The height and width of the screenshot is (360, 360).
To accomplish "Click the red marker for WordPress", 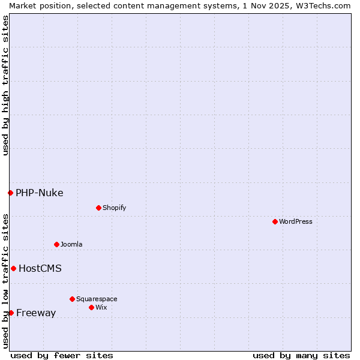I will click(x=275, y=221).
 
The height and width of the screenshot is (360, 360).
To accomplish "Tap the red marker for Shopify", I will click(x=98, y=208).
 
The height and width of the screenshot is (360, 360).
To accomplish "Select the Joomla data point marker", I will click(x=56, y=244).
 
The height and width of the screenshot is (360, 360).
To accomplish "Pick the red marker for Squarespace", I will click(x=72, y=299).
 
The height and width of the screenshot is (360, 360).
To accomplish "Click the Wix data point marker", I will click(x=91, y=307).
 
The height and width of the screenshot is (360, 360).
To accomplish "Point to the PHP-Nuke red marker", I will click(x=10, y=193).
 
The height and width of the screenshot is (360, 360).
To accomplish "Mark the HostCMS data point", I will click(x=13, y=268).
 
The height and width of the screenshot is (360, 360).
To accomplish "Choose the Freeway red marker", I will click(x=11, y=313).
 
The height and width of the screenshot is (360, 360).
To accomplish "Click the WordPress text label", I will click(x=296, y=221).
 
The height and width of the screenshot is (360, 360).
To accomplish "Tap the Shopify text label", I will click(x=114, y=208).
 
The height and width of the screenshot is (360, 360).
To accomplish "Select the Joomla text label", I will click(x=71, y=244).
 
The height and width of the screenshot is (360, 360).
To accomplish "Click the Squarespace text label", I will click(x=97, y=299).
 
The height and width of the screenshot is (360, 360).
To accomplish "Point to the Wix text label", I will click(x=101, y=307).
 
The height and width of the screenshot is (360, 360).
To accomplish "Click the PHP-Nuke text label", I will click(x=40, y=193).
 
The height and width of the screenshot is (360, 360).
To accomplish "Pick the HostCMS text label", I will click(x=40, y=268).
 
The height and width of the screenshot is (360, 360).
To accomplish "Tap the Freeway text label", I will click(x=36, y=313).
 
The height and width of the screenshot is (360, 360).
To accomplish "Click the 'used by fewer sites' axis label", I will click(x=62, y=355).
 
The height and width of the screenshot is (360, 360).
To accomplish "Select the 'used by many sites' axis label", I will click(x=301, y=355).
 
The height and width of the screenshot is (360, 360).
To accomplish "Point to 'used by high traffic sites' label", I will click(x=5, y=85).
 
